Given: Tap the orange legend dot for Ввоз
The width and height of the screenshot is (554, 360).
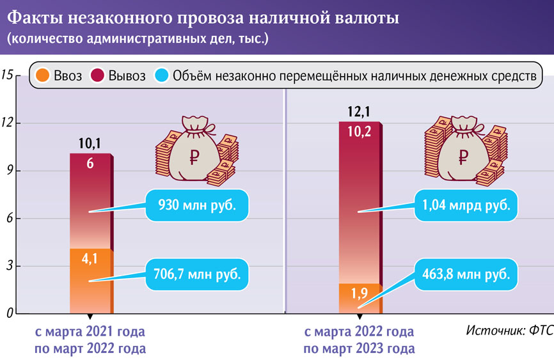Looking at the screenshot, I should click(42, 76).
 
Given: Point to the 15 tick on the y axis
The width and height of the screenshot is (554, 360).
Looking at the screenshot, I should click(8, 75).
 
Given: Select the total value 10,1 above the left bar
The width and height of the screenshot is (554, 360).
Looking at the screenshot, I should click(90, 143).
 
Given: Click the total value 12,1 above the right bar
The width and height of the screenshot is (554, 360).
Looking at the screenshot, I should click(359, 112).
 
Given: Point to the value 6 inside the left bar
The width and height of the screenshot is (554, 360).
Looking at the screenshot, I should click(90, 163).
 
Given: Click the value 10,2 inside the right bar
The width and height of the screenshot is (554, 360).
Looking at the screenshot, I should click(359, 132).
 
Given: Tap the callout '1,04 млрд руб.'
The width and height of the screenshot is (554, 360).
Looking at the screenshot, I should click(466, 206).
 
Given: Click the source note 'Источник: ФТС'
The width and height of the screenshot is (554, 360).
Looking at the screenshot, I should click(509, 331).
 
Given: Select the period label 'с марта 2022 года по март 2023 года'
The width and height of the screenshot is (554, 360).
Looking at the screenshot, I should click(359, 340).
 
